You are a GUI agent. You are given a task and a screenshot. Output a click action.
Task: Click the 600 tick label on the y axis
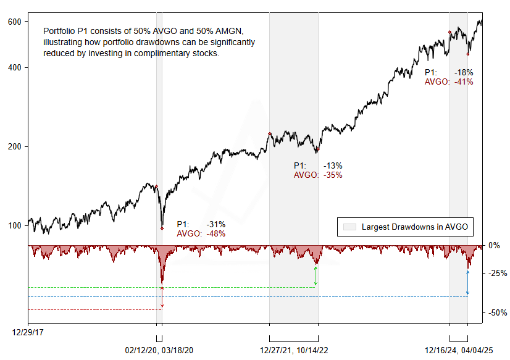pos(15,22)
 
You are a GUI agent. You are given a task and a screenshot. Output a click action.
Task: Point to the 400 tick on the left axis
pos(15,67)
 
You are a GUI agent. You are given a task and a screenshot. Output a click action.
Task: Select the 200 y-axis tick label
pos(15,146)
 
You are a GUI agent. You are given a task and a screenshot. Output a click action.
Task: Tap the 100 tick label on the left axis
pos(15,225)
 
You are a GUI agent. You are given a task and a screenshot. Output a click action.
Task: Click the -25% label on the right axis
pos(498,273)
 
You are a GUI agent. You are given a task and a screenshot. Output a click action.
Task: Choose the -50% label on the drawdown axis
pos(498,312)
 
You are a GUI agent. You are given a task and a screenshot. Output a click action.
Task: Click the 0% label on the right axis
pos(494,245)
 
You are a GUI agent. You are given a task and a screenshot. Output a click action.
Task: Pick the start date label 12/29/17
pos(28,332)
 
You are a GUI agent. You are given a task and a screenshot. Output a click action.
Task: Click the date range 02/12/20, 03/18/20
pos(159,350)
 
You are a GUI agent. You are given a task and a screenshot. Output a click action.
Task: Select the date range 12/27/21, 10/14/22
pos(294,350)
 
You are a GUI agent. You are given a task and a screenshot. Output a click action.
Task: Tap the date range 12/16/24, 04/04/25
pos(459,350)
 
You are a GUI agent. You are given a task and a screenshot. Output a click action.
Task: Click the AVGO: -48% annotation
pos(201,233)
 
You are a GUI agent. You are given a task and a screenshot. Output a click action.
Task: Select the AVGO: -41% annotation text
pos(449,82)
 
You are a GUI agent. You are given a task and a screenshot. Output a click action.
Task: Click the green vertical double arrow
pos(316,276)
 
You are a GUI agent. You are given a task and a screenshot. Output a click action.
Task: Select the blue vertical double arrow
pos(467,282)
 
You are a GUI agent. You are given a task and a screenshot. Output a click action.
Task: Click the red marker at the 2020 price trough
pos(162,228)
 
